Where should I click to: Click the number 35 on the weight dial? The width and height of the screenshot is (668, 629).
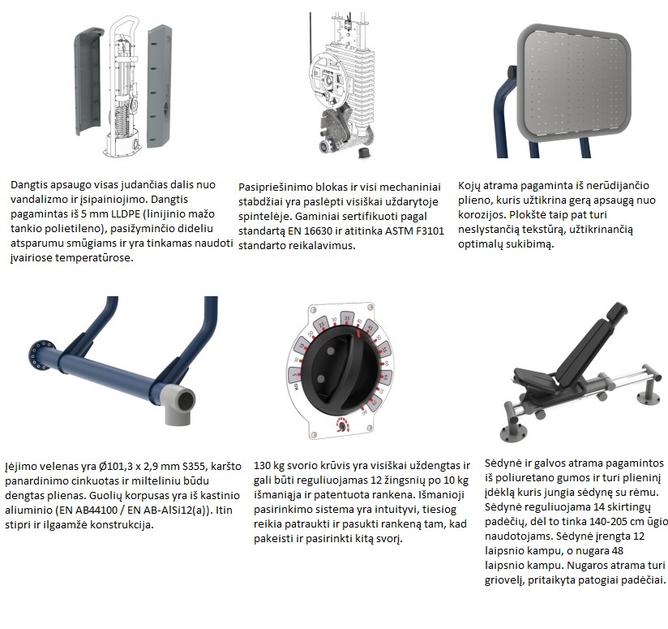click(348, 318)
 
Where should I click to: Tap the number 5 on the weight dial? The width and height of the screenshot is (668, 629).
click(295, 375)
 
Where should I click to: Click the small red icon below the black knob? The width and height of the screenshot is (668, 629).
click(341, 425)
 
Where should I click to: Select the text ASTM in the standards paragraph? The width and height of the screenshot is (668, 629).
click(399, 231)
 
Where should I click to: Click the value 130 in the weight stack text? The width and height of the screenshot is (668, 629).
click(263, 466)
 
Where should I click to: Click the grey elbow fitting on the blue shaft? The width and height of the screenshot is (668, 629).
click(178, 403)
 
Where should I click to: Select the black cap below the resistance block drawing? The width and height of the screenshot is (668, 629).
click(363, 153)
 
